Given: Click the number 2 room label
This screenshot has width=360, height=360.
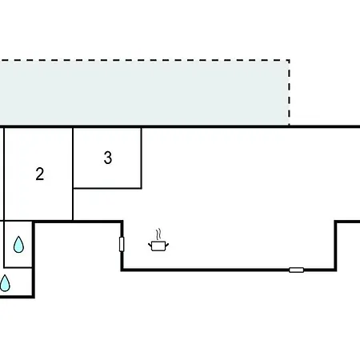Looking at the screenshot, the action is coord(40,174).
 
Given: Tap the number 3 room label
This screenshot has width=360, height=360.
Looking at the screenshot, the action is coord(108,158).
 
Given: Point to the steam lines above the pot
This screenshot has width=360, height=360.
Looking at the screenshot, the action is coord(158,234).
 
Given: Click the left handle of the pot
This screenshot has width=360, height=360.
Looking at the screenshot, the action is coord(150,245).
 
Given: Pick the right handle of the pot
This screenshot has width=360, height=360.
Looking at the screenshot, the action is coord(167,245).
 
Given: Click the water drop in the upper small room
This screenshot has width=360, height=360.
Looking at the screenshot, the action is coord(18,244).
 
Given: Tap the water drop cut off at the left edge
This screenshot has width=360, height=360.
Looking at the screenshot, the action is coord(5,283).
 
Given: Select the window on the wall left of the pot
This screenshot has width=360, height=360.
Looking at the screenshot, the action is coord(122,244).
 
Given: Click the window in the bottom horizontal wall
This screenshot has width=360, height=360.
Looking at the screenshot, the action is coord(296,270).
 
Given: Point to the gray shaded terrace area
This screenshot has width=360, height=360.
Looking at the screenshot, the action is coord(144,93).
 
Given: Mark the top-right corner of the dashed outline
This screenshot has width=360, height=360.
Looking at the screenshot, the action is coord(290,60).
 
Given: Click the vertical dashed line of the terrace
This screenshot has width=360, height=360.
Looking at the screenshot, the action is coord(290,93).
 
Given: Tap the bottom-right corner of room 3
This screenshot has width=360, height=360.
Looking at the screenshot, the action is coord(142,188).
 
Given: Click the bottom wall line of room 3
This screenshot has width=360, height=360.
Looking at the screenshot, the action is coord(107,188).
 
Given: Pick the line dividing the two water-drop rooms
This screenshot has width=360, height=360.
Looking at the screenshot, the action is coord(18,267).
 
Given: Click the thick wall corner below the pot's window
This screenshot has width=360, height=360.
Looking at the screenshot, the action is coord(122,270).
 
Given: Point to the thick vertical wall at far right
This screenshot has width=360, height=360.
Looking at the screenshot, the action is coord(336,246).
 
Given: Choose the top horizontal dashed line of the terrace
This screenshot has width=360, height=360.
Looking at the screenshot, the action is coord(145,60).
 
